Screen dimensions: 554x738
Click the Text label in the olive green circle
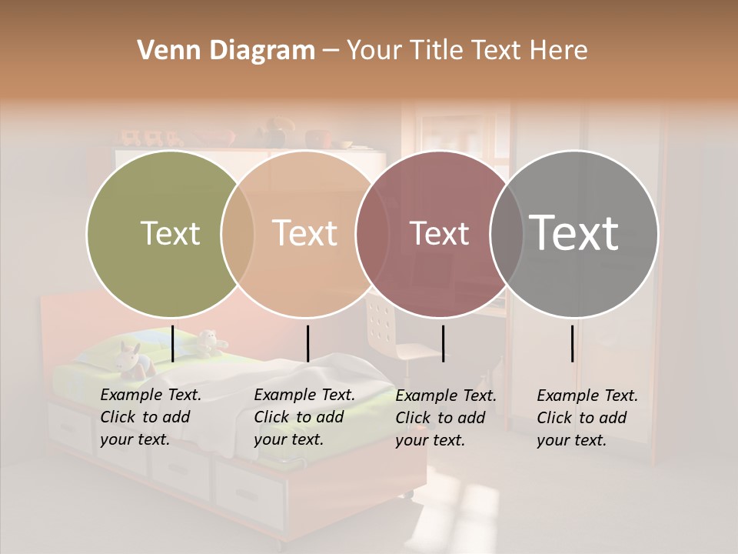click(x=170, y=233)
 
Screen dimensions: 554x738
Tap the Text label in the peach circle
click(x=304, y=233)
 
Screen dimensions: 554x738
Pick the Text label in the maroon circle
click(x=439, y=233)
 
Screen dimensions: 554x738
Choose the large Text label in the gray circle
click(x=573, y=232)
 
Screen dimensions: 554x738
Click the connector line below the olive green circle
click(x=172, y=343)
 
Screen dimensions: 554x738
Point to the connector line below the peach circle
click(x=307, y=343)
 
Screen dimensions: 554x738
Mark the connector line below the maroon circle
click(x=443, y=343)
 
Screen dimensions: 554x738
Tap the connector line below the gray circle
click(x=572, y=343)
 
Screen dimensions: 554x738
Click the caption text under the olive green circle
click(x=150, y=417)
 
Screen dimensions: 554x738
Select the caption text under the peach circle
click(x=304, y=417)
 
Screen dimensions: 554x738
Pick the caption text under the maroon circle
click(x=445, y=418)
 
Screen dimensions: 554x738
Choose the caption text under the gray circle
click(x=587, y=418)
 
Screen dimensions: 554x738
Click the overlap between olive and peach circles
click(x=238, y=234)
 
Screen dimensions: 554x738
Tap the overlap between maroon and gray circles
click(x=507, y=234)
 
